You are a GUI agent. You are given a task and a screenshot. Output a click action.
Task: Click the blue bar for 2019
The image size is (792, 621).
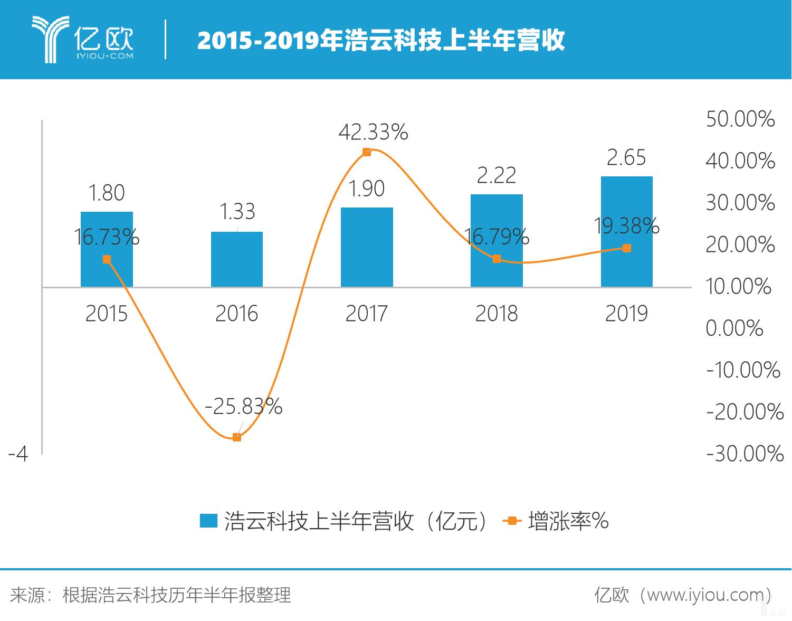click(626, 232)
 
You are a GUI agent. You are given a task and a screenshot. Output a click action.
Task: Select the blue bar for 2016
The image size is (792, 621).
click(236, 259)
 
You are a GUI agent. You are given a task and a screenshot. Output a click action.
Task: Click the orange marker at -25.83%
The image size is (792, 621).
click(237, 437)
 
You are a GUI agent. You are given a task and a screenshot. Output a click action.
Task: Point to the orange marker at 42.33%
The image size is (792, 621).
click(367, 152)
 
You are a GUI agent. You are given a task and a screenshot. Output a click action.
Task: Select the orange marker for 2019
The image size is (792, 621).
click(626, 248)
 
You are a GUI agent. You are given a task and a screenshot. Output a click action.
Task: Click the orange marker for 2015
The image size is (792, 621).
click(107, 259)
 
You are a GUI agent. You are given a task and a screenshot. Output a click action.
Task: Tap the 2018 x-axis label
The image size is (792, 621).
click(496, 314)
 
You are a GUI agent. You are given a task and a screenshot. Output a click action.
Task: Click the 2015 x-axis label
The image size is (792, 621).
click(107, 314)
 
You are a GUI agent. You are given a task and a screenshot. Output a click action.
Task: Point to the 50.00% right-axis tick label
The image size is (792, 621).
click(740, 119)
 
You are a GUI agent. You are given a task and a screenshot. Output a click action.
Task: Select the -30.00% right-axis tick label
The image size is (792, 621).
click(745, 454)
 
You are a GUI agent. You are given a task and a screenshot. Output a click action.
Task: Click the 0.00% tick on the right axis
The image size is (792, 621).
click(734, 328)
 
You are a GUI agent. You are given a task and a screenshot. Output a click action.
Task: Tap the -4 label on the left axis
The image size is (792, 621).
click(18, 454)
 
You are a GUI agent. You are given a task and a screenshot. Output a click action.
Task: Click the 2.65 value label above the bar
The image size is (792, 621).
click(626, 157)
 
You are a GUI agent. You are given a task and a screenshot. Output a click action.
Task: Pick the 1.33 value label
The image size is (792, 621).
click(237, 212)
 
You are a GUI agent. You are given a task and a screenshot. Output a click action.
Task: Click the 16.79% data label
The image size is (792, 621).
click(496, 237)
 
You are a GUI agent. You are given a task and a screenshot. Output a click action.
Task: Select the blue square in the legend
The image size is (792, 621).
click(208, 521)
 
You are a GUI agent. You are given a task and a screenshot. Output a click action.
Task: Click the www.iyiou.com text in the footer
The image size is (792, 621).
click(704, 595)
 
